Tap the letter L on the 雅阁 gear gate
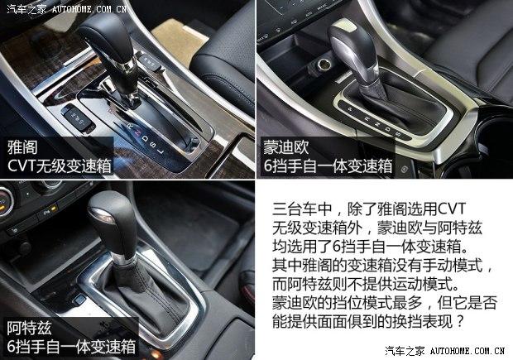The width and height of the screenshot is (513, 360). [x=161, y=151]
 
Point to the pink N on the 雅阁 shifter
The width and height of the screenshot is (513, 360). [x=137, y=132]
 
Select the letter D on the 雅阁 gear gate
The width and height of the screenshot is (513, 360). [x=145, y=139]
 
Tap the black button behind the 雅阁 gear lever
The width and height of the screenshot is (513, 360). [x=149, y=62]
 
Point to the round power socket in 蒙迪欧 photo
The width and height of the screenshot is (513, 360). [x=323, y=63]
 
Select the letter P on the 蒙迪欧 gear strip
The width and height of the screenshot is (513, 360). [x=350, y=109]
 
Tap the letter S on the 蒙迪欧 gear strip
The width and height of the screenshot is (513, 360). [x=398, y=133]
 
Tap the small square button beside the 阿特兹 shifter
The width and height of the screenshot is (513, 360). [x=79, y=300]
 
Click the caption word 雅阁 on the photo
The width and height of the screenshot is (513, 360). [x=22, y=147]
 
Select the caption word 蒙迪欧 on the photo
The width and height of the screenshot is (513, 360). [x=286, y=147]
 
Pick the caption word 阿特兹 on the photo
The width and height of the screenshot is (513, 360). [x=29, y=329]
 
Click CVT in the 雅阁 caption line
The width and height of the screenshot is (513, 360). [x=22, y=166]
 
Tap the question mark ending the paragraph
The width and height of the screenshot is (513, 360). [x=460, y=321]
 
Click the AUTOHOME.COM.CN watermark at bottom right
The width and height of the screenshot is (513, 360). [x=467, y=351]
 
